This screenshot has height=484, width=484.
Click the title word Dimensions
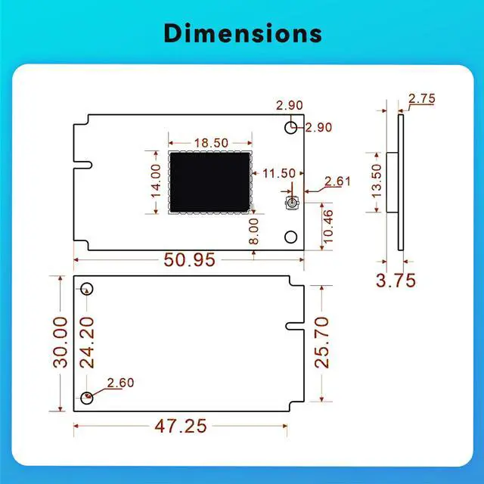pos(242,34)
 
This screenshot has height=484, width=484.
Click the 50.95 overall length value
pos(189,259)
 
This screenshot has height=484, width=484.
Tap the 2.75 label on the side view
pos(421,99)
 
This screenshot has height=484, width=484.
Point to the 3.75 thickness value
pos(396,281)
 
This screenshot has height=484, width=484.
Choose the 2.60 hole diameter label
pos(121,383)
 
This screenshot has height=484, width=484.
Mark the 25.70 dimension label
pos(323,342)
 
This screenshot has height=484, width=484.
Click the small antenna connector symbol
pos(291,204)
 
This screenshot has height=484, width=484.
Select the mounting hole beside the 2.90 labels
pos(291,127)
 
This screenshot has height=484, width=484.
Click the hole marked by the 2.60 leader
pos(88,396)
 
